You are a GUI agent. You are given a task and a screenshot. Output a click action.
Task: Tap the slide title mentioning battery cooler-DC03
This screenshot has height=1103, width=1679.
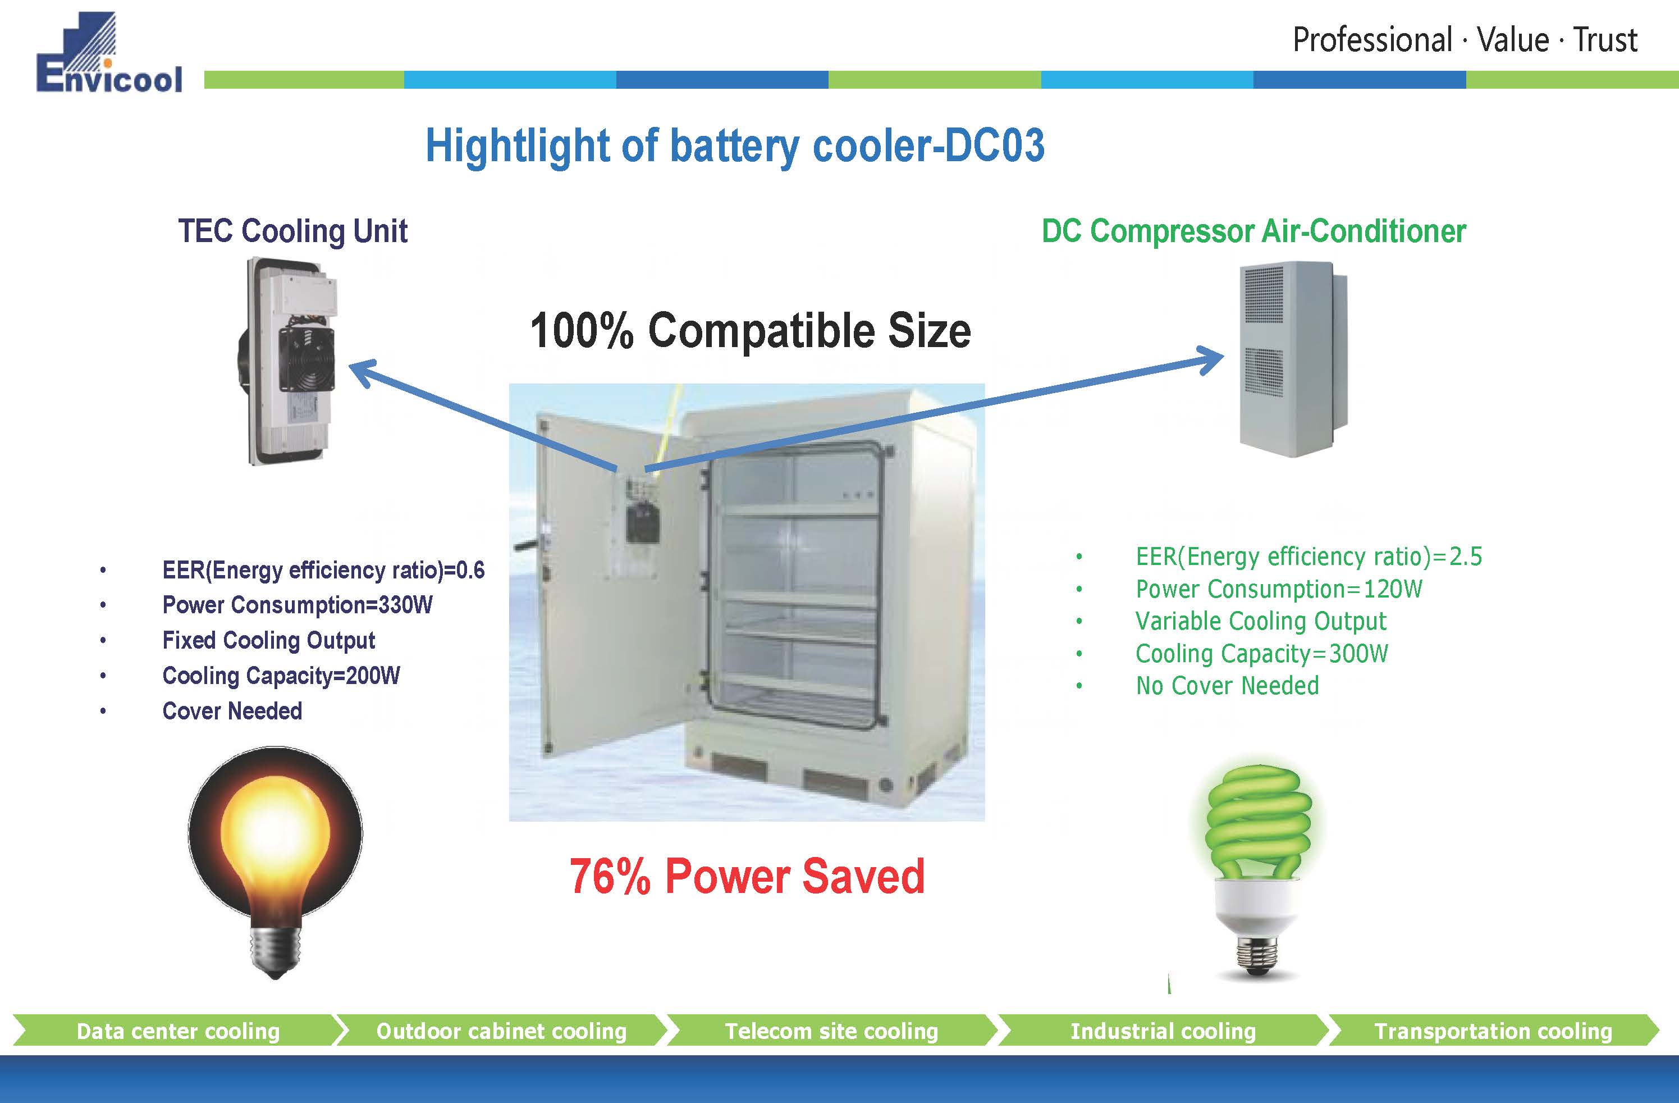734,146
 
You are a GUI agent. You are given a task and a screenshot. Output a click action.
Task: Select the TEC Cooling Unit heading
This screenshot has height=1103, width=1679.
293,231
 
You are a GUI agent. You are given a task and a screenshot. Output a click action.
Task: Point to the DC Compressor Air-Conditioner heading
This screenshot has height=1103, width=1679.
1253,231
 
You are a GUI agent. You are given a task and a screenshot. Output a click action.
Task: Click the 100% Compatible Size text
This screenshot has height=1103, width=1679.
750,330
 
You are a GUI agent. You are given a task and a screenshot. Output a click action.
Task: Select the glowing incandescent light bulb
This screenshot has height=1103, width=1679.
275,854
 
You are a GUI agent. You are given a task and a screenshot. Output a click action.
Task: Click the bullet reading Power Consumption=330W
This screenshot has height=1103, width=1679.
297,605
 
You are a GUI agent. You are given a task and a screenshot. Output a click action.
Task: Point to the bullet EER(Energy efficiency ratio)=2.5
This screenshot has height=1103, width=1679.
1309,557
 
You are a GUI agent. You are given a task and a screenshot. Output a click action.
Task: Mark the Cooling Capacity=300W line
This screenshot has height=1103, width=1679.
1261,654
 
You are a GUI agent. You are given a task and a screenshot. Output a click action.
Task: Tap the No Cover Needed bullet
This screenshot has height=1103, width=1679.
1227,685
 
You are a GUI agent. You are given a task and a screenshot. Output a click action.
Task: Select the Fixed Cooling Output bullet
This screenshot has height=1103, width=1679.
268,640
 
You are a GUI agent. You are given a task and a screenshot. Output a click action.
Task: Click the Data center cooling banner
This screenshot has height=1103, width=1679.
178,1031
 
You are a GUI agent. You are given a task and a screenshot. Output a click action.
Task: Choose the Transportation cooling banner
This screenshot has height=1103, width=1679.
1493,1031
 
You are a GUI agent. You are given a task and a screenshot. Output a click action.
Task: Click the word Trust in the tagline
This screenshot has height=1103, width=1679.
1605,40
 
